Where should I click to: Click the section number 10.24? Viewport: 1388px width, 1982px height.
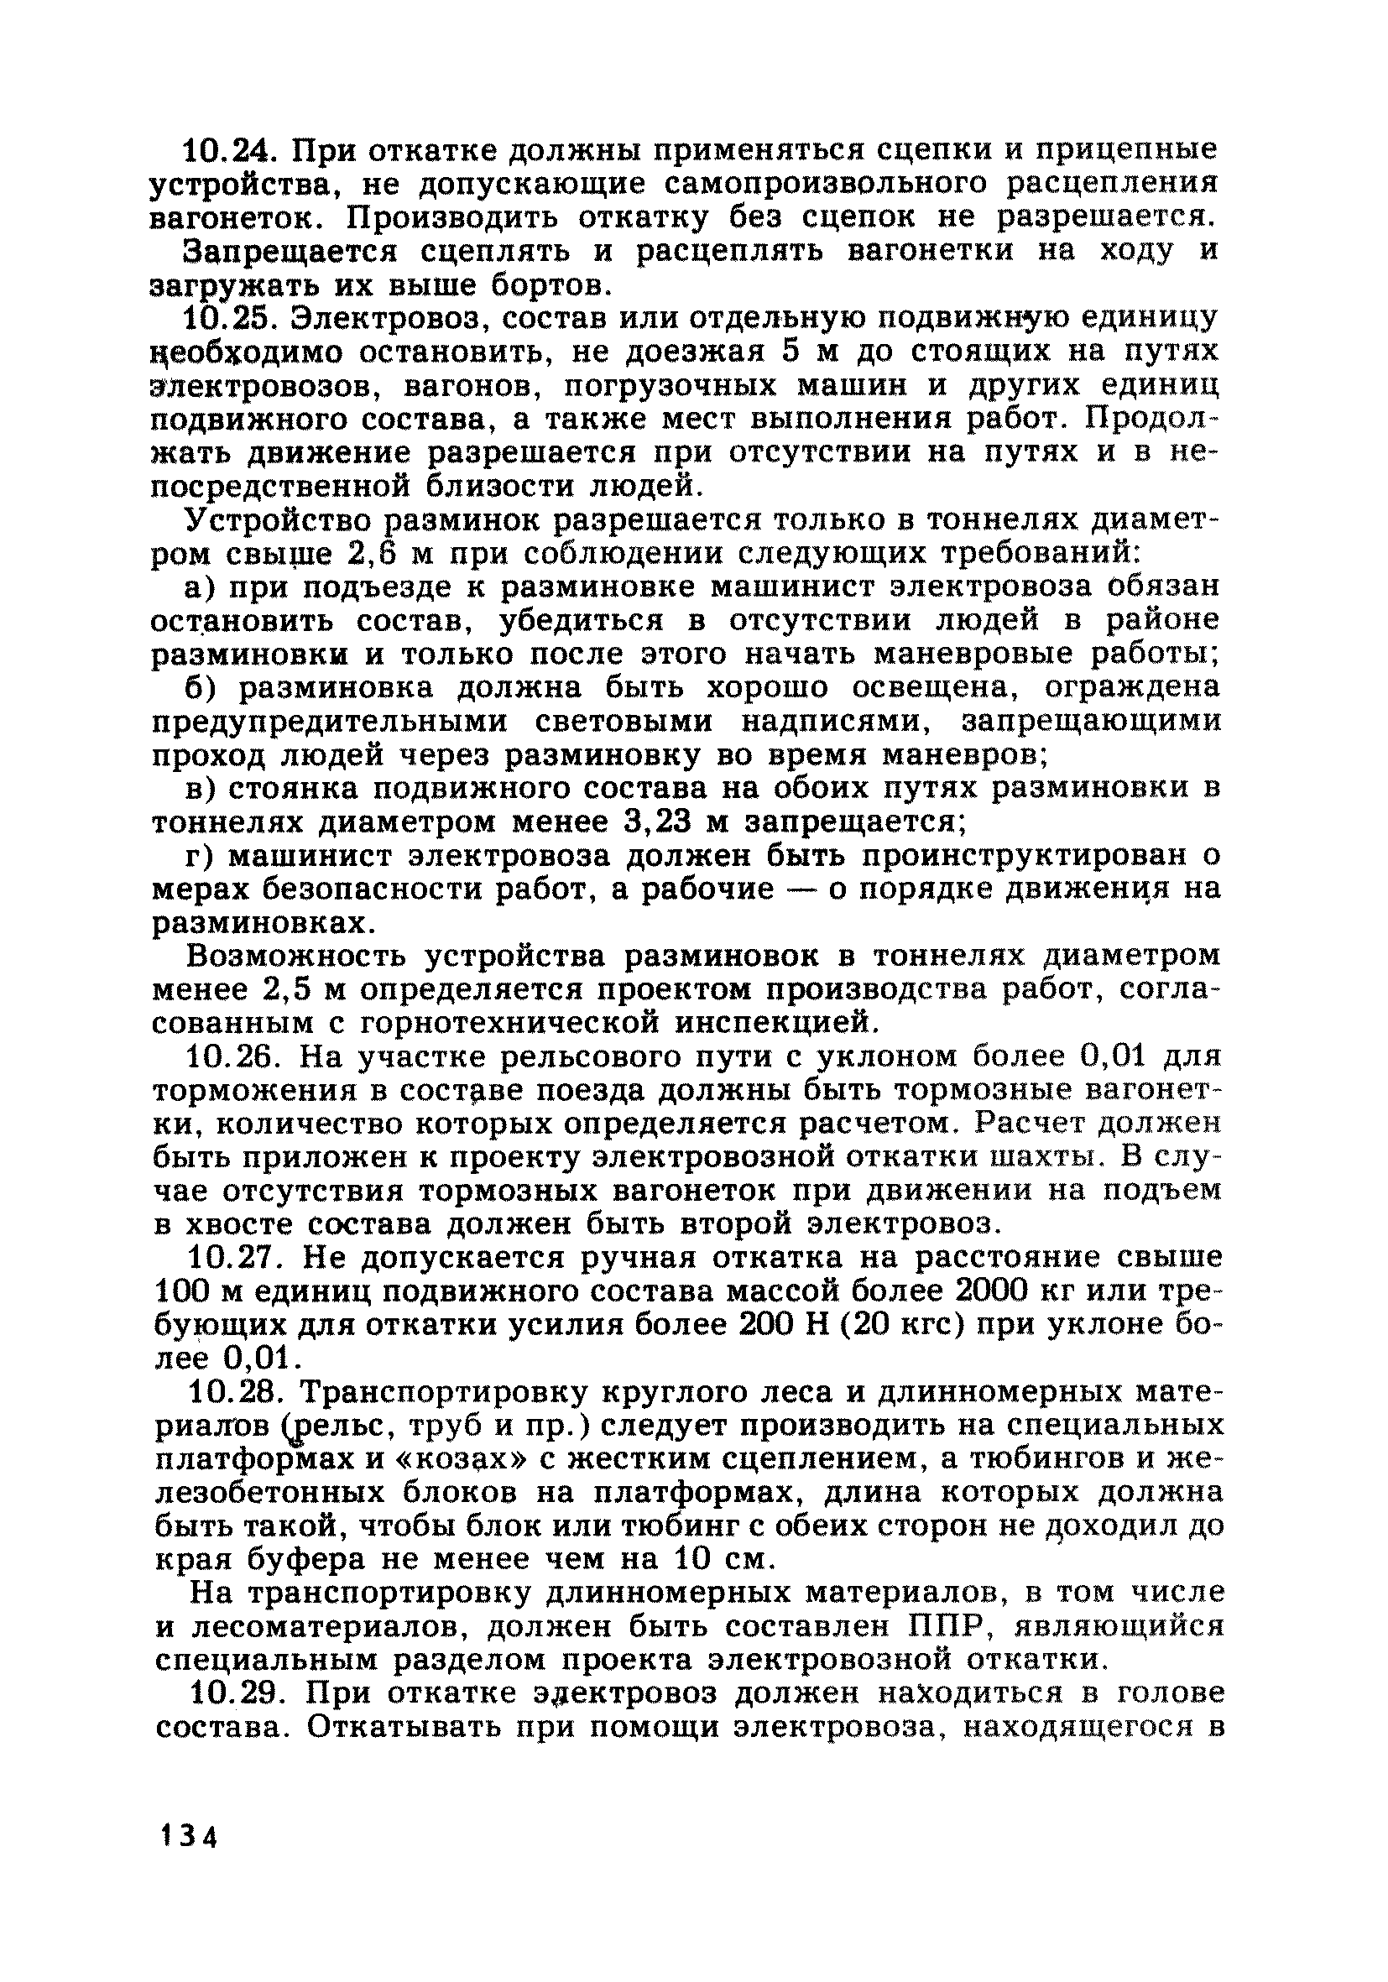(228, 151)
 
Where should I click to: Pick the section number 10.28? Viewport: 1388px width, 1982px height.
(228, 1393)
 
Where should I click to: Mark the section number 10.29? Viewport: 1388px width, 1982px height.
(228, 1694)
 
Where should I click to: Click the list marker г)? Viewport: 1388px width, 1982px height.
(201, 858)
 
